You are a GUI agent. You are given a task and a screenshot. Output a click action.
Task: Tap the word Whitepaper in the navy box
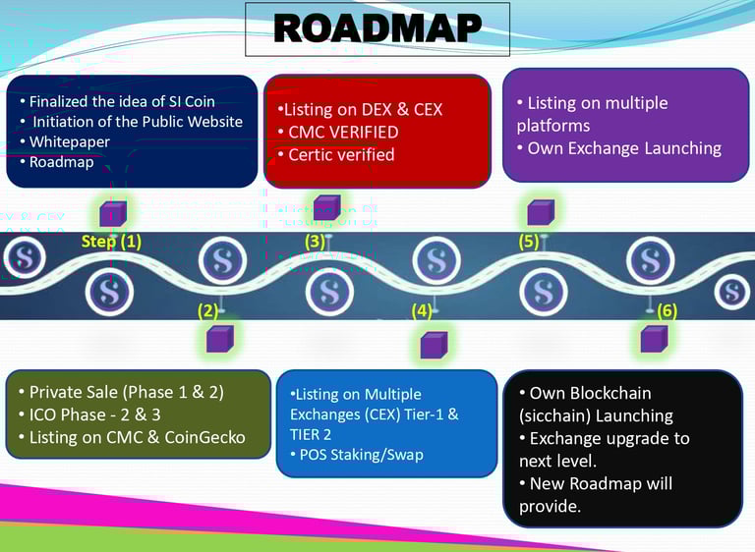pyautogui.click(x=69, y=141)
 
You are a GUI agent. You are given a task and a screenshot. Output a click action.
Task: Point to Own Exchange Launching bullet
pyautogui.click(x=624, y=148)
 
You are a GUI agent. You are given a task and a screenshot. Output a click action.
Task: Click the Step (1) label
pyautogui.click(x=111, y=241)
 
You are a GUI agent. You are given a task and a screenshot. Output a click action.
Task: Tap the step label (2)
pyautogui.click(x=206, y=311)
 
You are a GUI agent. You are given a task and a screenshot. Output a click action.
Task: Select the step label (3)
pyautogui.click(x=315, y=241)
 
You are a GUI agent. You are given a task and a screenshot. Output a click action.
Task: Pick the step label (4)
pyautogui.click(x=421, y=311)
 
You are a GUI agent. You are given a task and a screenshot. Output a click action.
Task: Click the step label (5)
pyautogui.click(x=529, y=241)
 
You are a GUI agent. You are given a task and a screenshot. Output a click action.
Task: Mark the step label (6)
pyautogui.click(x=667, y=311)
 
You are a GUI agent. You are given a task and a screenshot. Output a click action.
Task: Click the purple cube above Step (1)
pyautogui.click(x=112, y=211)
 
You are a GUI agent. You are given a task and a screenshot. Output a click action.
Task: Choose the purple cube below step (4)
pyautogui.click(x=434, y=344)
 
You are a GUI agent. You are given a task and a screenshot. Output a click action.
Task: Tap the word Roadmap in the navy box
pyautogui.click(x=61, y=162)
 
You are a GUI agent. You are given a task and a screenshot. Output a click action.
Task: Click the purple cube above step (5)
pyautogui.click(x=541, y=211)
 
